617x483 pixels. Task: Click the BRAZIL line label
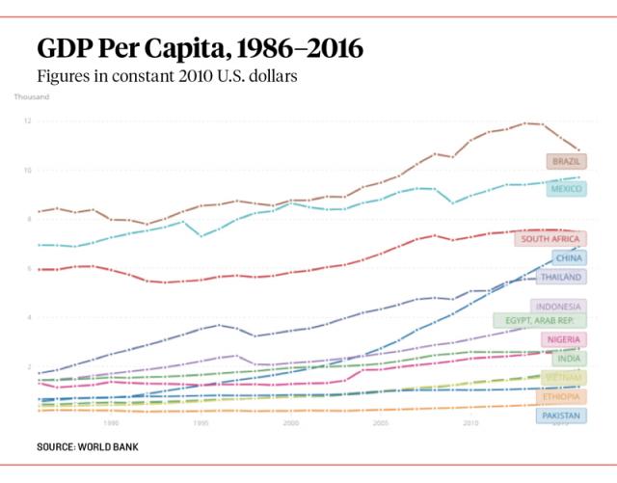pyautogui.click(x=566, y=161)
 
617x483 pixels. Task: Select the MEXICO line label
pyautogui.click(x=566, y=189)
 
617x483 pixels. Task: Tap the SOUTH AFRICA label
pyautogui.click(x=550, y=238)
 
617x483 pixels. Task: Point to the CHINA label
pyautogui.click(x=569, y=258)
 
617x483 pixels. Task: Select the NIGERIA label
pyautogui.click(x=562, y=339)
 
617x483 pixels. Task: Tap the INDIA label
pyautogui.click(x=569, y=359)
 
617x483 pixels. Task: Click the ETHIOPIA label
pyautogui.click(x=561, y=397)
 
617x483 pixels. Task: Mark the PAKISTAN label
pyautogui.click(x=561, y=416)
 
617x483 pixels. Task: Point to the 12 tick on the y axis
pyautogui.click(x=28, y=121)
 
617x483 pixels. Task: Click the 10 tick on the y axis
pyautogui.click(x=28, y=171)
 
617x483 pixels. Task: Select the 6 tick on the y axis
pyautogui.click(x=29, y=269)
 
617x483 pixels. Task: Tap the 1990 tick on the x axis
pyautogui.click(x=111, y=422)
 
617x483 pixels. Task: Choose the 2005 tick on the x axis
pyautogui.click(x=380, y=422)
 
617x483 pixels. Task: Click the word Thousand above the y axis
pyautogui.click(x=32, y=96)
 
